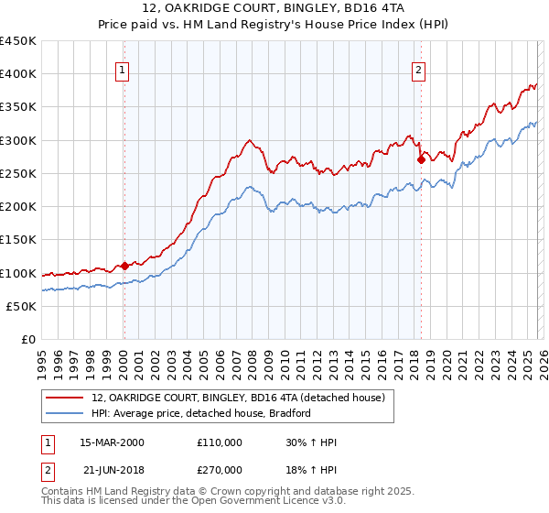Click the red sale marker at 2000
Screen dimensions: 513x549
pos(124,267)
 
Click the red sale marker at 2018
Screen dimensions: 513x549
pos(421,159)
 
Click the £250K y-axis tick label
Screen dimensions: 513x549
pos(18,173)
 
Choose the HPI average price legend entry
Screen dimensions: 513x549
pos(201,414)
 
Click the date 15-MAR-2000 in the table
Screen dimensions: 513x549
pos(112,442)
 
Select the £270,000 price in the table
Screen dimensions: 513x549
pos(219,472)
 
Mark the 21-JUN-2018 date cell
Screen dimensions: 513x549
pos(112,472)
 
